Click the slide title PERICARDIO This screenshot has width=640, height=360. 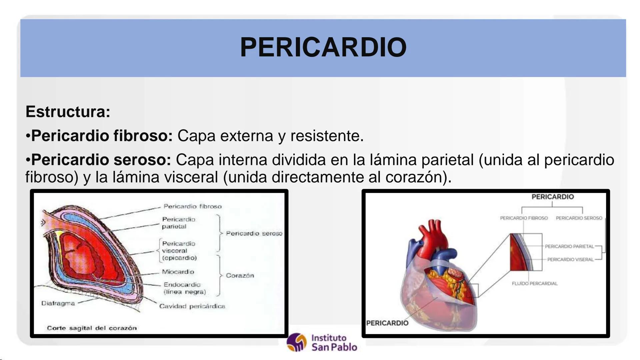[x=323, y=47]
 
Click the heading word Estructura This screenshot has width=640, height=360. [x=68, y=112]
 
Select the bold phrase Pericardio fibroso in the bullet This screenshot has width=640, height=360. [x=102, y=136]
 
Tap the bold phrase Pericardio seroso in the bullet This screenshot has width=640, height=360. [x=101, y=160]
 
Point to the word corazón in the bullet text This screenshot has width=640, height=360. [x=414, y=177]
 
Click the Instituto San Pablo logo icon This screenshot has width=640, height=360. [x=296, y=342]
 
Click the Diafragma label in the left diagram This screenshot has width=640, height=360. [x=58, y=303]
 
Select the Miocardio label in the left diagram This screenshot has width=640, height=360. [x=178, y=272]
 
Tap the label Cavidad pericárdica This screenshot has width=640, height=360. [x=192, y=306]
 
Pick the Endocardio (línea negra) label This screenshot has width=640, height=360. [x=184, y=288]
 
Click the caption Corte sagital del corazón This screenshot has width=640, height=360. [x=92, y=328]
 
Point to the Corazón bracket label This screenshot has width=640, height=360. [x=240, y=275]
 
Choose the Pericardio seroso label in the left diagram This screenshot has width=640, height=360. [x=254, y=233]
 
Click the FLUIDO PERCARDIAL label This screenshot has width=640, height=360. [x=535, y=283]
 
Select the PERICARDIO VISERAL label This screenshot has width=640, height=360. [x=570, y=259]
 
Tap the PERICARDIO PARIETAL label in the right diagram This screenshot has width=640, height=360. [x=569, y=246]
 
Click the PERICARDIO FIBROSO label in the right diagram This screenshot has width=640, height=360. [x=524, y=218]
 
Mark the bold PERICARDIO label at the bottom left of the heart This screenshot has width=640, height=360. [x=387, y=323]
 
